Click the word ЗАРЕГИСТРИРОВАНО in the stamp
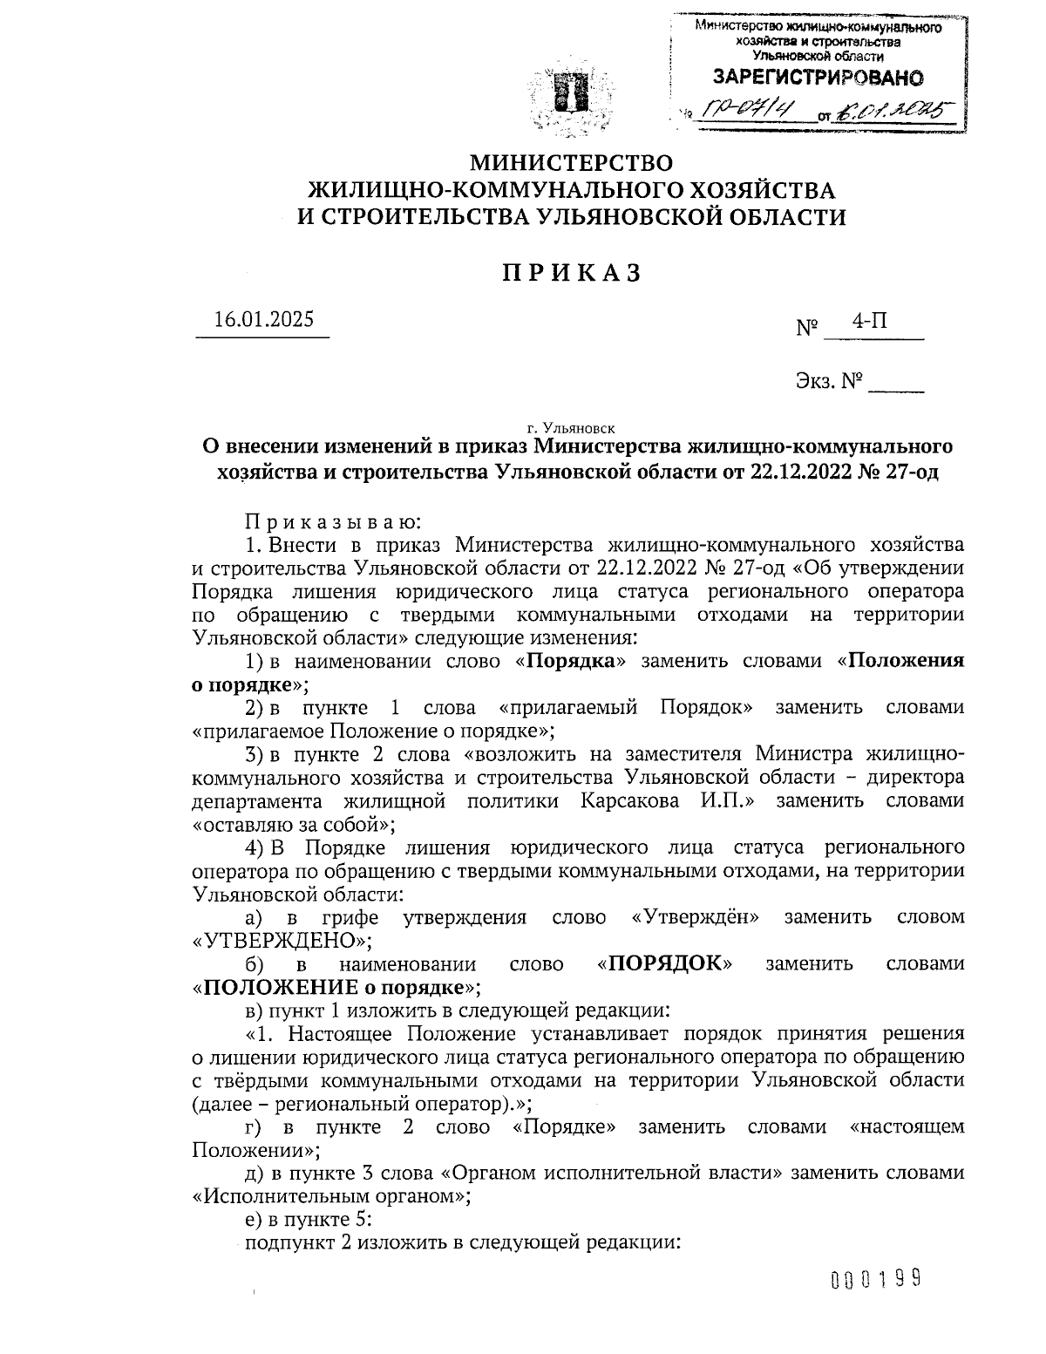pyautogui.click(x=818, y=78)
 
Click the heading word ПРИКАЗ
pyautogui.click(x=571, y=273)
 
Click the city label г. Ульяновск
pyautogui.click(x=571, y=428)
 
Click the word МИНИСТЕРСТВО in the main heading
pyautogui.click(x=572, y=163)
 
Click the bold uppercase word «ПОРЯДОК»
pyautogui.click(x=664, y=963)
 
